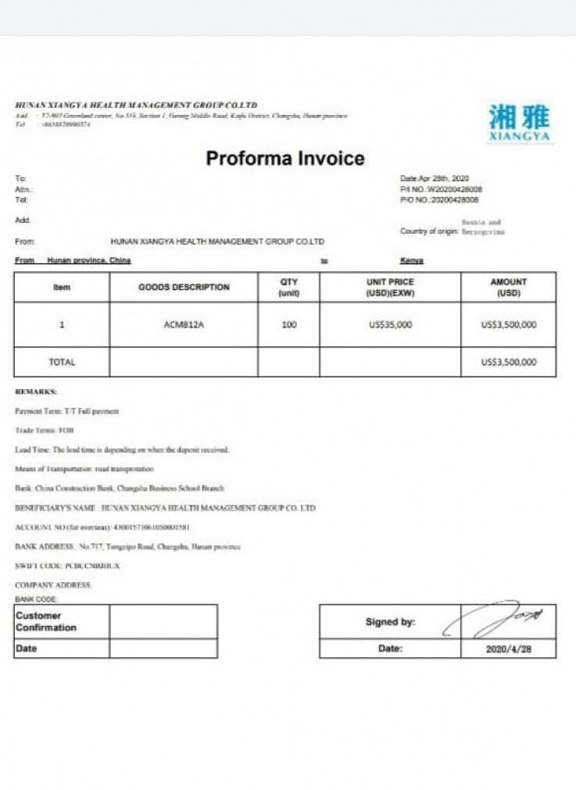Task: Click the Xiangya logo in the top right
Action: pos(520,123)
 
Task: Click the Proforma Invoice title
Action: pos(285,159)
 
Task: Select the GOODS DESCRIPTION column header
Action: pos(184,287)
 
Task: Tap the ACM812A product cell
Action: pos(184,325)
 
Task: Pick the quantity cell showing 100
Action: pos(289,325)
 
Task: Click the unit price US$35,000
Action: pos(390,325)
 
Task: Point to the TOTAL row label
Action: pos(62,362)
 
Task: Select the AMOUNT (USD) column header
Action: pos(509,287)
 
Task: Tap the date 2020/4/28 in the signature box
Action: pos(508,649)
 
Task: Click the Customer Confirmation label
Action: pos(46,621)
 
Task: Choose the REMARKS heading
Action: pos(36,391)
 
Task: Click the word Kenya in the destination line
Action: pos(411,260)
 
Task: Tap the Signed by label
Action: pos(390,622)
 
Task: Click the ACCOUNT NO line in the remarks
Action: pos(102,527)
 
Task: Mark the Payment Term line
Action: pos(66,411)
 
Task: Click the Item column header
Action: pos(62,287)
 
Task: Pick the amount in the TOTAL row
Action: pos(509,362)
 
